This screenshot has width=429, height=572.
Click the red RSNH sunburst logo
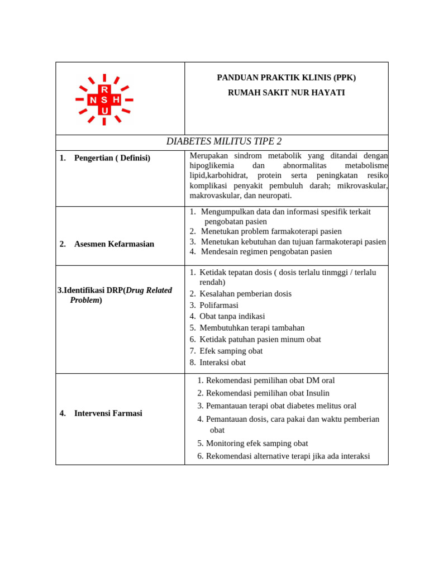point(104,99)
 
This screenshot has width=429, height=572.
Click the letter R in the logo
point(104,89)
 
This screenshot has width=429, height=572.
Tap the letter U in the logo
point(104,111)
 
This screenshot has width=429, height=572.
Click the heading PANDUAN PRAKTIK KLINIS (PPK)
point(286,78)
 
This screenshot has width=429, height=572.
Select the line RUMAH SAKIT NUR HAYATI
point(286,93)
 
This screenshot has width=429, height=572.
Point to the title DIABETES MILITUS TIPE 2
point(224,141)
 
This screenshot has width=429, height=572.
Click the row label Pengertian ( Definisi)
point(112,158)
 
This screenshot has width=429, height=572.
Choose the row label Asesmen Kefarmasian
point(114,244)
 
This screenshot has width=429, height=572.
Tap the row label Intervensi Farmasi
point(108,413)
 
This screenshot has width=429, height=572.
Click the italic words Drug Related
point(149,290)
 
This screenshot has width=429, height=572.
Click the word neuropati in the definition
point(273,196)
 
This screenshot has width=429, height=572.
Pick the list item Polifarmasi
point(218,305)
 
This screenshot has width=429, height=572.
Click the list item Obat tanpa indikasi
point(232,316)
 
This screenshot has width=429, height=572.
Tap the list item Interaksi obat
point(222,363)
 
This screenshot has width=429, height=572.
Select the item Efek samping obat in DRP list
point(231,351)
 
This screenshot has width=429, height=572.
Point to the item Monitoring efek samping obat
point(256,444)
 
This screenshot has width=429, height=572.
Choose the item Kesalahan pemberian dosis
point(245,294)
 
